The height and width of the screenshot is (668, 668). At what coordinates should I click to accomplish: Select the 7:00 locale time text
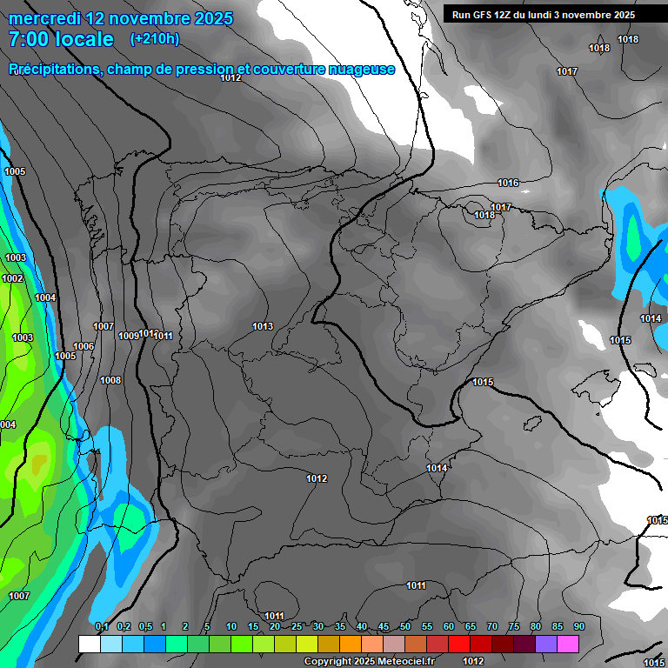point(61,39)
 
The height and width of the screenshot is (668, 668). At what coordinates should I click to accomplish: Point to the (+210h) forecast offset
point(155,39)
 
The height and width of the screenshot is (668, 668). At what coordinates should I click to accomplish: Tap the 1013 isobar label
point(263,327)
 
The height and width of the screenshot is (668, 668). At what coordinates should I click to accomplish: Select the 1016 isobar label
point(508,184)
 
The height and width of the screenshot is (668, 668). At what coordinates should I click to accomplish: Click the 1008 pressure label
point(110,381)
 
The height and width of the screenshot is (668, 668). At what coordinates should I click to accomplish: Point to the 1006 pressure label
point(83,347)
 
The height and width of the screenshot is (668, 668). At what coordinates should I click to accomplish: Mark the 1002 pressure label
point(12,279)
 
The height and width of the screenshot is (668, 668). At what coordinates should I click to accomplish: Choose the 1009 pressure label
point(129,336)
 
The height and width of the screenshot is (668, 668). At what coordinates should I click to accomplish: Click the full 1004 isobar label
point(45,298)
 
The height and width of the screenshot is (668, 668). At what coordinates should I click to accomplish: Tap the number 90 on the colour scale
point(578,626)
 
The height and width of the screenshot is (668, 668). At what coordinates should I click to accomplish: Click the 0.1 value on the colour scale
point(102,626)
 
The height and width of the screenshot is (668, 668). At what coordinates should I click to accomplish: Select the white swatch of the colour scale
point(89,644)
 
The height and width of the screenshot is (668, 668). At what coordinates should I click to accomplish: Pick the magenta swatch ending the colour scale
point(568,644)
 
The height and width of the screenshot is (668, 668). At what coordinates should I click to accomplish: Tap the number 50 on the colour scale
point(405,626)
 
